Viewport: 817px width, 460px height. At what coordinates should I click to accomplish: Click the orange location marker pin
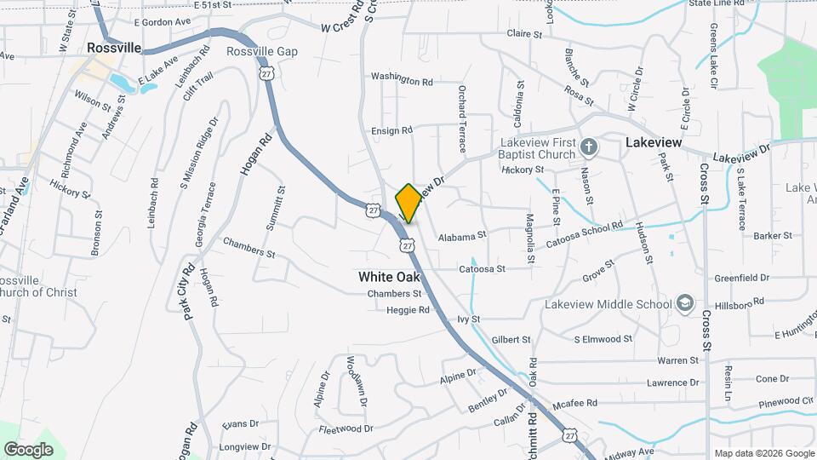[408, 203]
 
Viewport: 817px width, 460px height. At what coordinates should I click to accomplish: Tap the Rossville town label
[113, 49]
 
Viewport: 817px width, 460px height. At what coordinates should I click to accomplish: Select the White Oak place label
[389, 277]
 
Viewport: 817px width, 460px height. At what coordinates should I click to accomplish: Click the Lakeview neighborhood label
[654, 143]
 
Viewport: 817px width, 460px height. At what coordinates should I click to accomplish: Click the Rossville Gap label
[262, 52]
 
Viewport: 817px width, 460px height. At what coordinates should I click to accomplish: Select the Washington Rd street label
[402, 79]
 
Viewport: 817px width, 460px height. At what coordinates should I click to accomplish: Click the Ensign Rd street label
[391, 130]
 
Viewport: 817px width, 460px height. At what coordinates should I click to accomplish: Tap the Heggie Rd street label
[409, 311]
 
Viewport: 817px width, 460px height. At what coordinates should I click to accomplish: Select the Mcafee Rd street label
[574, 403]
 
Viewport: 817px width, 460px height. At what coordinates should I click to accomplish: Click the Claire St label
[524, 35]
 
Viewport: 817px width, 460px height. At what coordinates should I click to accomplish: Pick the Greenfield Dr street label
[741, 278]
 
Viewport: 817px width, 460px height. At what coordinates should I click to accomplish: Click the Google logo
[28, 449]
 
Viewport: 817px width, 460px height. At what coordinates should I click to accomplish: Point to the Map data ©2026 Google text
[763, 453]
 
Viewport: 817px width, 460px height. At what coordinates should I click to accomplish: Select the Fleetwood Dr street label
[346, 428]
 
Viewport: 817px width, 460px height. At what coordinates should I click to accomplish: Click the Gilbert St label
[511, 339]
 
